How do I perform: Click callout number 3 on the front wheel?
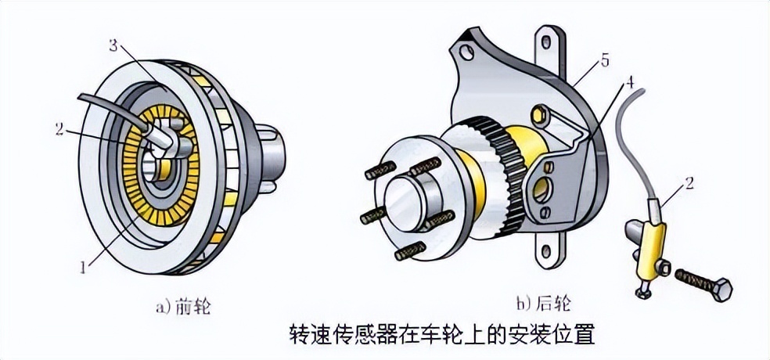coord(114,47)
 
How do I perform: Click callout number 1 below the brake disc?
coord(84,268)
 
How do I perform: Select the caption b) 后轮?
coord(543,303)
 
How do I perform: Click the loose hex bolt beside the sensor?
coord(703,283)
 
